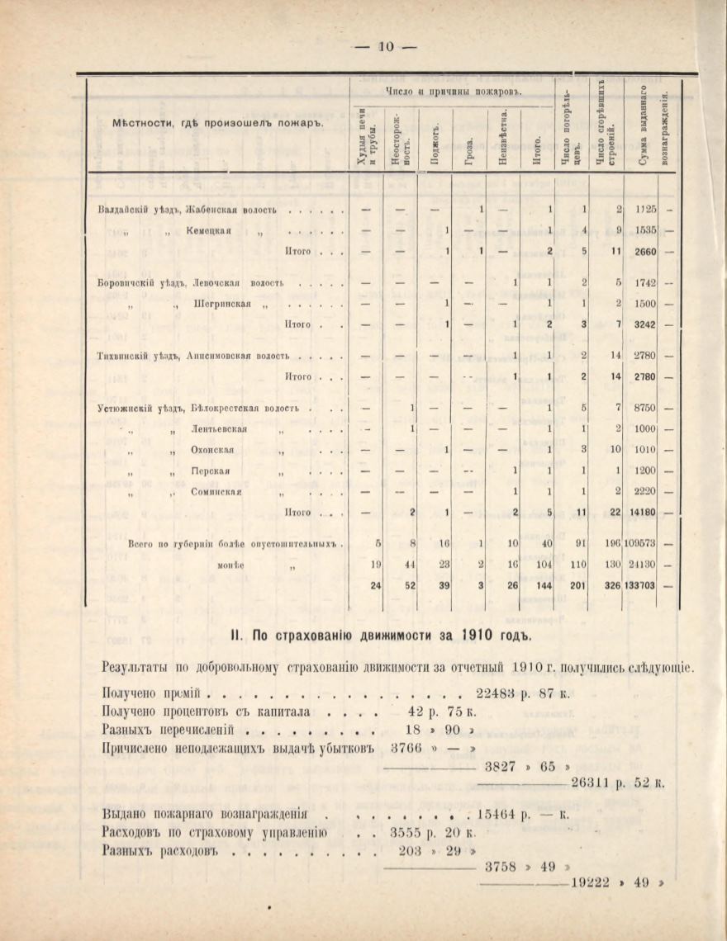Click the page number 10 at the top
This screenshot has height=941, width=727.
point(385,46)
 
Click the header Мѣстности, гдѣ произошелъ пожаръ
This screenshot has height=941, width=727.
point(217,124)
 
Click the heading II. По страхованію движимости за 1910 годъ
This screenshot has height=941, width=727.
point(381,635)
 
